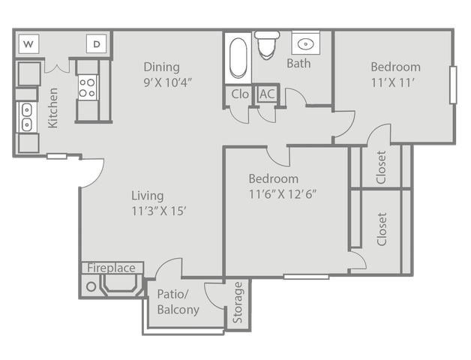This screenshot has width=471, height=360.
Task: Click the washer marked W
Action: click(28, 43)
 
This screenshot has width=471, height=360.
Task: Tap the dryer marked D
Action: click(97, 43)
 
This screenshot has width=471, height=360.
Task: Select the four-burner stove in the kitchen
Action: click(88, 87)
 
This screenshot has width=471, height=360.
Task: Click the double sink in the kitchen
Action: click(27, 117)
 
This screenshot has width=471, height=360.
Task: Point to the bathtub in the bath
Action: click(238, 58)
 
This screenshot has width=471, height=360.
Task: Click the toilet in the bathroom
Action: click(267, 44)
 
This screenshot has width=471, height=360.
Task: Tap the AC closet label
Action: click(267, 94)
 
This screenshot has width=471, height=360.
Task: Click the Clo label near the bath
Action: click(240, 94)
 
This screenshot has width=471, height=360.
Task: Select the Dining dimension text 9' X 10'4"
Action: click(167, 82)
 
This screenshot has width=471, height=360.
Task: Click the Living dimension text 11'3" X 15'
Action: click(159, 211)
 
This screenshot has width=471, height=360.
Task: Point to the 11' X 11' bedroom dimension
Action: click(393, 82)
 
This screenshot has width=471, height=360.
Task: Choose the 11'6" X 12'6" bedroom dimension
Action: click(283, 194)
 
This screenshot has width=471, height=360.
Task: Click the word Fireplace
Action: click(111, 268)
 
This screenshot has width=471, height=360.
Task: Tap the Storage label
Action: click(238, 302)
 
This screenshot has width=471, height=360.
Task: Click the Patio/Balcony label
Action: click(178, 301)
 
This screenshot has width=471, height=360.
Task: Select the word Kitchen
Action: click(52, 108)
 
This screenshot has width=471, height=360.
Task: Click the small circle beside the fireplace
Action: click(91, 286)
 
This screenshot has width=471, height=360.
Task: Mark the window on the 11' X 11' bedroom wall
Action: click(453, 85)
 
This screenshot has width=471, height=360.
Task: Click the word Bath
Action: click(298, 64)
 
